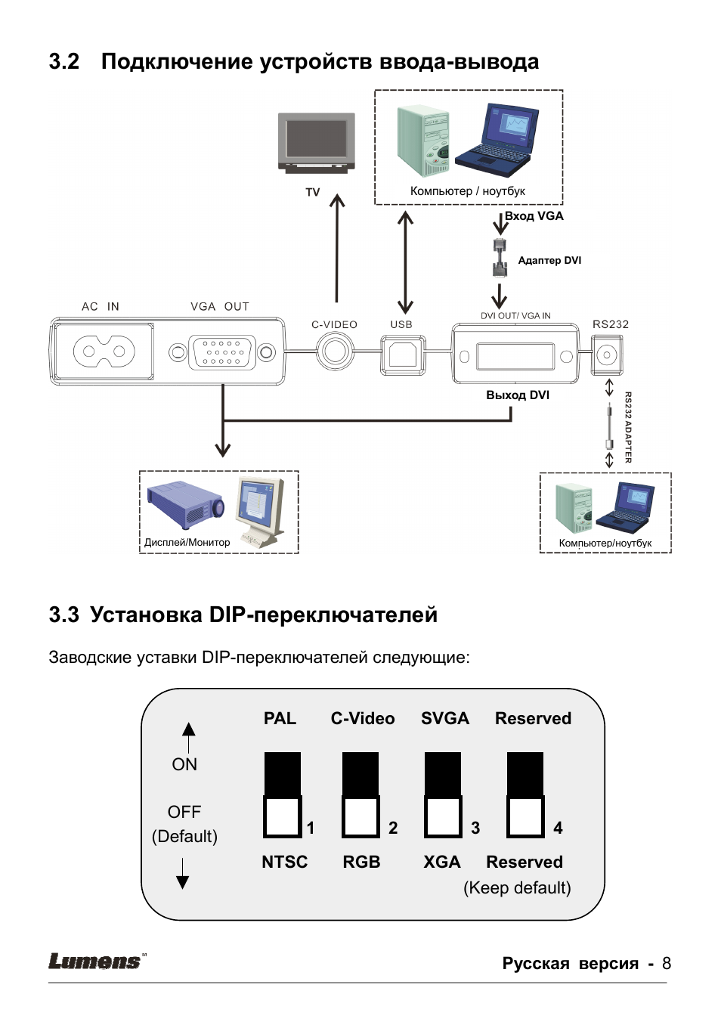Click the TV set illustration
click(317, 143)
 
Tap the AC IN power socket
click(104, 352)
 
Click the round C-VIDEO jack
click(335, 352)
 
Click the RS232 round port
click(606, 355)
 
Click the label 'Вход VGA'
click(534, 216)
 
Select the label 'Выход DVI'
click(518, 395)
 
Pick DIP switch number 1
click(283, 795)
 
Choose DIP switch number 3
click(443, 795)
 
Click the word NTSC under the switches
click(284, 862)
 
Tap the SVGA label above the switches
click(445, 718)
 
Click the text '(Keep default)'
click(517, 887)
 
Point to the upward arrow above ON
click(189, 733)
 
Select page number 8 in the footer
click(666, 963)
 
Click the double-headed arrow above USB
click(406, 262)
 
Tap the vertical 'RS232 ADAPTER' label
click(628, 427)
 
